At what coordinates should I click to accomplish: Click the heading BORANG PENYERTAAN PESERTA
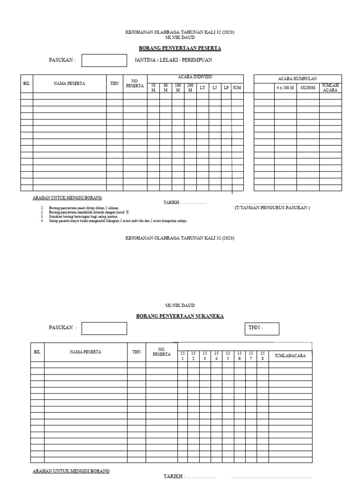[x=180, y=48]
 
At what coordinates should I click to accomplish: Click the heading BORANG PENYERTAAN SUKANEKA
[x=180, y=316]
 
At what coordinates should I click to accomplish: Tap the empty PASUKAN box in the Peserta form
[x=104, y=60]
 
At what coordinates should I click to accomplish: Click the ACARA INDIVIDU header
[x=195, y=77]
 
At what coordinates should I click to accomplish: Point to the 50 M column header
[x=153, y=88]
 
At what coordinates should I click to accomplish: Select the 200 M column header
[x=190, y=88]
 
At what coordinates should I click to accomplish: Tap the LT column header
[x=202, y=88]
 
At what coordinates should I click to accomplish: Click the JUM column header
[x=237, y=88]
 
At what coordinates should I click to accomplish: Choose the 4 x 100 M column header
[x=285, y=88]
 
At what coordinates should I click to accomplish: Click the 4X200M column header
[x=307, y=88]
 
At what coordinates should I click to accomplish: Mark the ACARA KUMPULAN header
[x=298, y=79]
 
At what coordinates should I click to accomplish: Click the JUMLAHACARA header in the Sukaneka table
[x=290, y=356]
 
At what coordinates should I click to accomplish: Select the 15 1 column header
[x=182, y=356]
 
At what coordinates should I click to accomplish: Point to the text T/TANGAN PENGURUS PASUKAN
[x=272, y=208]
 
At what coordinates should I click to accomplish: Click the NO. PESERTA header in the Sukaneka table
[x=161, y=352]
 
